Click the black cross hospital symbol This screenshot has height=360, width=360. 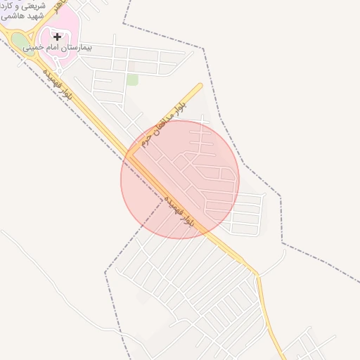pyautogui.click(x=57, y=37)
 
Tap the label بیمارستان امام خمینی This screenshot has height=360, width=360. pyautogui.click(x=57, y=47)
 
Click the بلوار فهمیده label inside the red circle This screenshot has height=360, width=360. pyautogui.click(x=181, y=213)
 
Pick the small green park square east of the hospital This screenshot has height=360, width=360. pyautogui.click(x=132, y=79)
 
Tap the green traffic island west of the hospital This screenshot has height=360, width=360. pyautogui.click(x=19, y=40)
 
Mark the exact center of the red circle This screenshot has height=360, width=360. pyautogui.click(x=180, y=180)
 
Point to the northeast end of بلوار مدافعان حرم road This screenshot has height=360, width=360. pyautogui.click(x=200, y=86)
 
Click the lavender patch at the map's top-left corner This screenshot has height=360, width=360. pyautogui.click(x=4, y=14)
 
